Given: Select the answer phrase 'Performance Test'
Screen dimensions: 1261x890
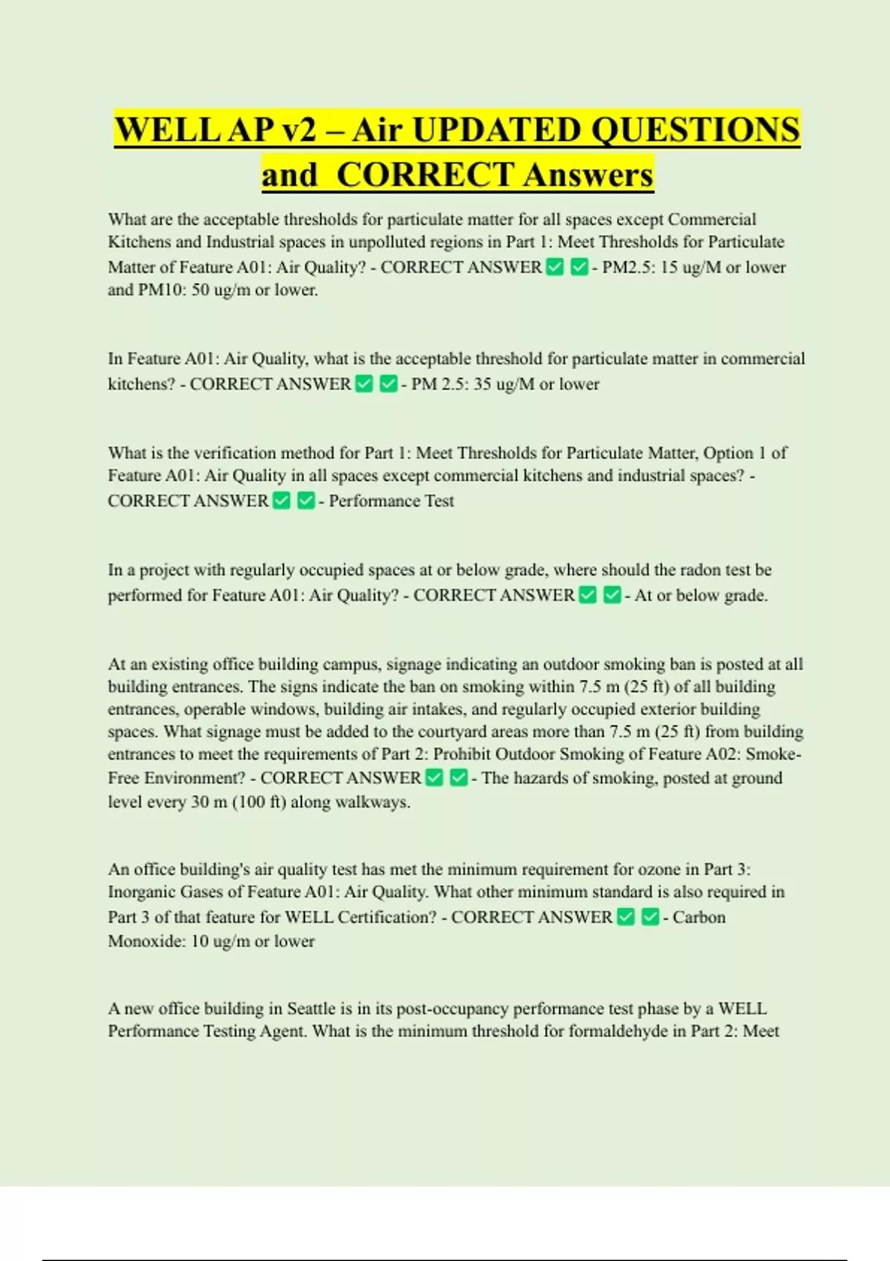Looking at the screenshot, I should pos(392,501).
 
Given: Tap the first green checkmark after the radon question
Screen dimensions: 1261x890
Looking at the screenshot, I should pos(587,595).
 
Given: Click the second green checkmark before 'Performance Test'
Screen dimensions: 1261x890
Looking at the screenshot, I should pos(306,501).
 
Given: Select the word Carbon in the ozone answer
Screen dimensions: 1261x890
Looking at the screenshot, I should pos(699,918).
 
